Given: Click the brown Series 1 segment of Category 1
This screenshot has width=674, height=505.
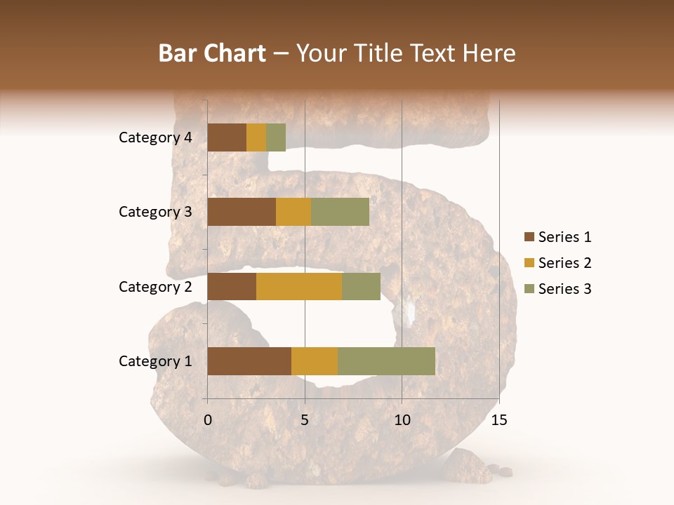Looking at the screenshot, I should click(249, 361).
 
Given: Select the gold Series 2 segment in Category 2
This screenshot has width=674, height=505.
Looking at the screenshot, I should click(299, 286).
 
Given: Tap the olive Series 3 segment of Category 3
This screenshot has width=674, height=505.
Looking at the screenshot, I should click(340, 212).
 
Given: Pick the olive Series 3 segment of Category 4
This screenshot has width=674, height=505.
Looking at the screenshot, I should click(276, 137).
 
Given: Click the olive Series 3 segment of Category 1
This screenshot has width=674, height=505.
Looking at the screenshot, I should click(386, 361).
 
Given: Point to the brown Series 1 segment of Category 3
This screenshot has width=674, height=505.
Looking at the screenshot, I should click(242, 212).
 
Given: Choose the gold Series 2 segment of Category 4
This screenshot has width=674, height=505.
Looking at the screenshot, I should click(256, 137).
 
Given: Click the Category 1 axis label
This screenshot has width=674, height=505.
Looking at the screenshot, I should click(155, 361).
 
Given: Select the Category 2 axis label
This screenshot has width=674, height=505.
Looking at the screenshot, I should click(155, 286).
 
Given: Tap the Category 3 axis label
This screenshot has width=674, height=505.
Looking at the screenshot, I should click(155, 212).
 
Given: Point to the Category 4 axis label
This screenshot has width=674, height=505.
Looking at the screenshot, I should click(155, 137).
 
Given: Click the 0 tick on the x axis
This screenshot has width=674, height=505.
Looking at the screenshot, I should click(208, 420).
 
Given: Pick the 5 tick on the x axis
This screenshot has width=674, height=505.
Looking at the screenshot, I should click(305, 420).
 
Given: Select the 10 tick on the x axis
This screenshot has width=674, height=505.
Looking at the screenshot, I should click(402, 420).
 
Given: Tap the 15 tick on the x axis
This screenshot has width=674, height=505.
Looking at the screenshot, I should click(498, 420).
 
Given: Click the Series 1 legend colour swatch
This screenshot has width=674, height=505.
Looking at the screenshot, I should click(529, 237).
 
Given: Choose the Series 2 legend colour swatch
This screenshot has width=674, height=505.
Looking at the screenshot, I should click(529, 263).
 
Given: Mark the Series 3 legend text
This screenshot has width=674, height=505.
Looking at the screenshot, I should click(564, 289).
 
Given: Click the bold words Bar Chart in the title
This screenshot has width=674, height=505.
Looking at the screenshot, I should click(212, 53).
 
